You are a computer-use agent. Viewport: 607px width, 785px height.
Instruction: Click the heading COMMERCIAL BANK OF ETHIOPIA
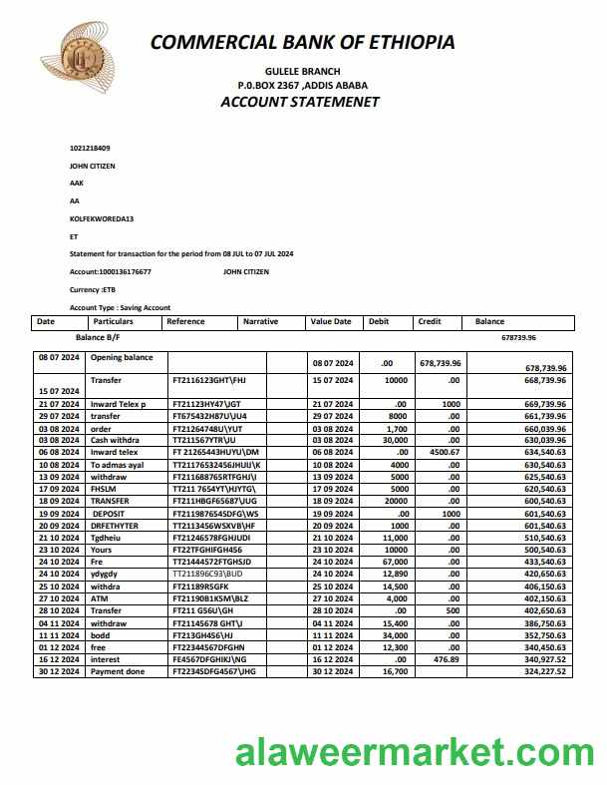coord(302,42)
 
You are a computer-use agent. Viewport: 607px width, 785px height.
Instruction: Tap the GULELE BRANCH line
coord(302,72)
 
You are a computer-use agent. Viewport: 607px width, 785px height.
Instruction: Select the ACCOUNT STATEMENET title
coord(300,102)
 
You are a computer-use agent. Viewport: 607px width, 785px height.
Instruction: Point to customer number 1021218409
coord(90,148)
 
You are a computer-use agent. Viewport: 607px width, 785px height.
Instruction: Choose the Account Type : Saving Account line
coord(120,307)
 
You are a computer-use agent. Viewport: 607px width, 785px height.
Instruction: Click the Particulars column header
coord(113,322)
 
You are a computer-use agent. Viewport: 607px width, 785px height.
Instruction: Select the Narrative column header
coord(260,322)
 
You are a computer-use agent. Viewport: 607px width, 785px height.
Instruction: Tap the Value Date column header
coord(331,322)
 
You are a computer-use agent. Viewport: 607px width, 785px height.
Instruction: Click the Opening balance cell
coord(122,357)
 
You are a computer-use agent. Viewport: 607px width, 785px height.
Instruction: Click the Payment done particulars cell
coord(118,670)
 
